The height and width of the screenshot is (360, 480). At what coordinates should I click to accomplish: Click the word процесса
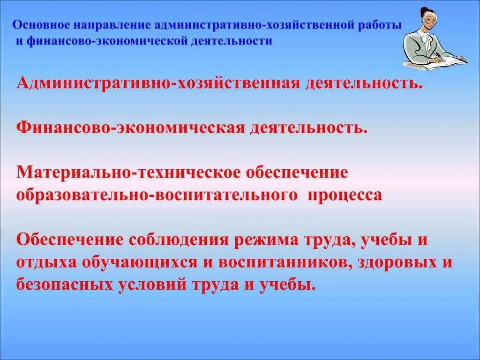[345, 195]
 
